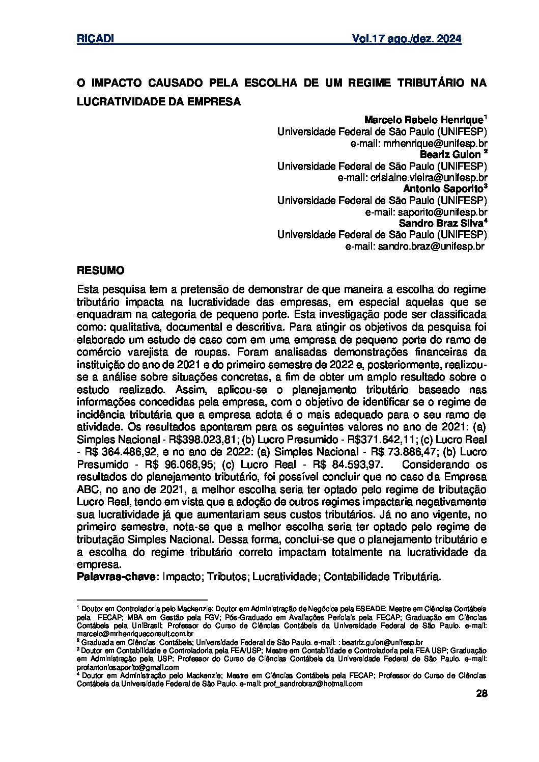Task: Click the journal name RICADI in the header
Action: [x=95, y=39]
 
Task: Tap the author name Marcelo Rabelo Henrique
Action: [x=423, y=120]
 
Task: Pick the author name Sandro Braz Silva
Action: [x=441, y=223]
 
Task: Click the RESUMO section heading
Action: [x=100, y=269]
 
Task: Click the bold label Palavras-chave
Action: [x=118, y=577]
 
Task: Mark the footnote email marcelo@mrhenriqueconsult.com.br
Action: [x=134, y=634]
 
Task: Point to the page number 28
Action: [x=480, y=694]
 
